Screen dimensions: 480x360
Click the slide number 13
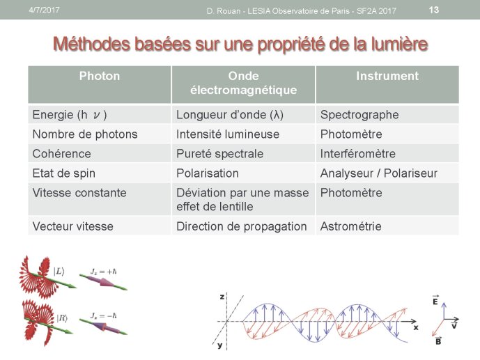pos(434,10)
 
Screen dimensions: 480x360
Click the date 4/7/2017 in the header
pos(44,10)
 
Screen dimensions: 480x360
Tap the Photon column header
pos(100,76)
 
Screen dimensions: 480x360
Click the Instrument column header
pos(387,76)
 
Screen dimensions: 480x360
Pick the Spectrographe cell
pos(359,115)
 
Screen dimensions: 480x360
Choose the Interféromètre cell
pos(358,154)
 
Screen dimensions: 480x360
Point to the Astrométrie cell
pos(351,226)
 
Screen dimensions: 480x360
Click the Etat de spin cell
pos(63,173)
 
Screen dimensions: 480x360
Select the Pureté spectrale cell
pos(219,154)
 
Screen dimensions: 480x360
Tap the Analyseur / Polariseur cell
pos(379,173)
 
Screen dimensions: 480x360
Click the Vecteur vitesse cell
pos(73,226)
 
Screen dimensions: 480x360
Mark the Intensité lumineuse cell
pos(228,134)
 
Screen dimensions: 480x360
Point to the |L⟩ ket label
pos(59,272)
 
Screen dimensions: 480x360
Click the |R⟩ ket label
pos(62,318)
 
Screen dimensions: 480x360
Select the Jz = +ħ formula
pos(104,272)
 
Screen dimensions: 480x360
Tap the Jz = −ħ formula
pos(104,315)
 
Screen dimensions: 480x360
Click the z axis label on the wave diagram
pos(222,297)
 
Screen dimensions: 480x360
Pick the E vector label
pos(435,300)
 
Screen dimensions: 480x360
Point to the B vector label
pos(438,341)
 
